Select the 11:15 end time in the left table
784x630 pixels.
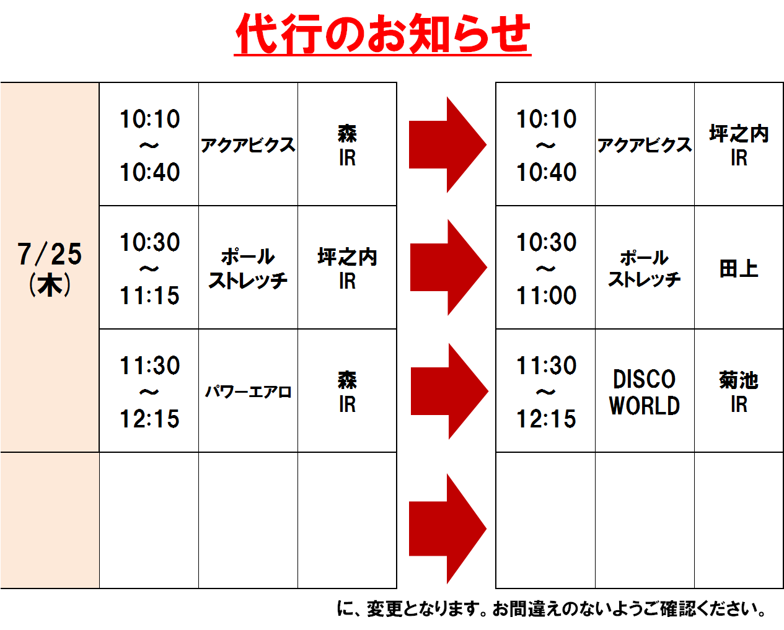coord(150,295)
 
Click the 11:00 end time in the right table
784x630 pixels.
coord(547,295)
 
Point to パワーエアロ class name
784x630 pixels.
coord(248,392)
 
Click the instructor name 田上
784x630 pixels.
coord(739,268)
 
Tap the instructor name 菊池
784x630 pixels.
coord(739,380)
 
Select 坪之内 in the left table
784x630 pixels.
coord(347,256)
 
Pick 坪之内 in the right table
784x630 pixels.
coord(739,133)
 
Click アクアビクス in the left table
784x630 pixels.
coord(248,145)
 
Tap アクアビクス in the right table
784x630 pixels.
coord(645,145)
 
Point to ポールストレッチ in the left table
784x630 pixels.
coord(248,268)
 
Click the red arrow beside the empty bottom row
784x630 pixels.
coord(447,529)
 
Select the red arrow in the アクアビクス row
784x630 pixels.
coord(447,144)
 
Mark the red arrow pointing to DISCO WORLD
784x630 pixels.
coord(449,391)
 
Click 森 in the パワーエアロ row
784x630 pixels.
coord(347,380)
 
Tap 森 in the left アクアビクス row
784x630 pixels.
coord(347,133)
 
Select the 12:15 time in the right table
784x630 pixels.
coord(547,418)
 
